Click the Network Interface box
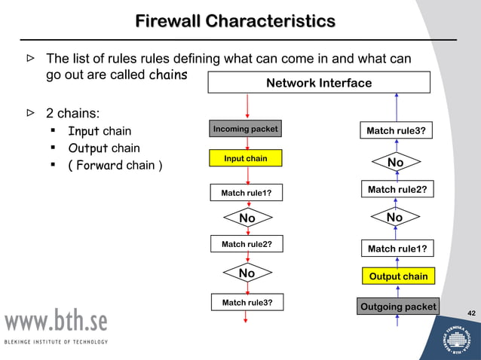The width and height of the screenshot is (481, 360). (x=319, y=83)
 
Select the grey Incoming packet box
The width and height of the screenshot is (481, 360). (x=246, y=129)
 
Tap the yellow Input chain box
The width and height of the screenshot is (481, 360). (x=246, y=159)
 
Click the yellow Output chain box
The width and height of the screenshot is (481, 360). (x=398, y=276)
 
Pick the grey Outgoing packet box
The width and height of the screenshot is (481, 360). (x=398, y=307)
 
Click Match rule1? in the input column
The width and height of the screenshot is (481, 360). (x=246, y=194)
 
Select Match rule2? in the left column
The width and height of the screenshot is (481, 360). (x=246, y=245)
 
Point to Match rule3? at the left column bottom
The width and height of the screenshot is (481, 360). (x=246, y=303)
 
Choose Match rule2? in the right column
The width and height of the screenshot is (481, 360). (x=397, y=191)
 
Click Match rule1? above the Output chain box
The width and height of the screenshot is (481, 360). (x=397, y=249)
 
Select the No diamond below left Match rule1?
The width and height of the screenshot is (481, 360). (x=247, y=218)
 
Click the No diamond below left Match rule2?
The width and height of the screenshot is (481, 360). (x=247, y=273)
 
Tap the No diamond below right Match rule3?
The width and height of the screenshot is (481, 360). (x=395, y=163)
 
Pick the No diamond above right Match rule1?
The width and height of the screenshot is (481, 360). (x=394, y=218)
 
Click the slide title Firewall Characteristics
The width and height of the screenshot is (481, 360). (x=235, y=20)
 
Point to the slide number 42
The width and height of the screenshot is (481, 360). (x=471, y=313)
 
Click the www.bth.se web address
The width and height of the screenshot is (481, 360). (x=57, y=322)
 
